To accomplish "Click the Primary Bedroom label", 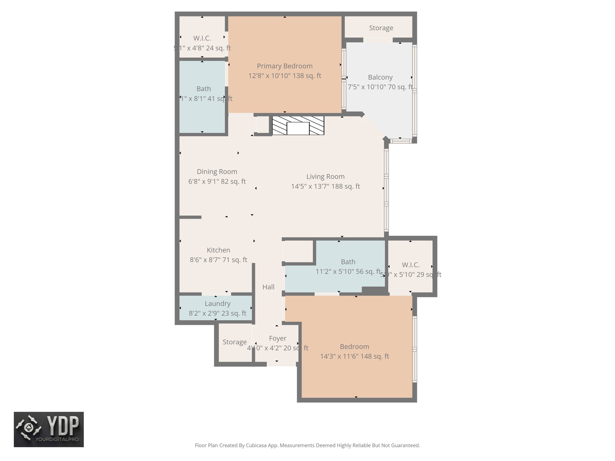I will coord(284,66).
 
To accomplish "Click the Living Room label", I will coord(325,176).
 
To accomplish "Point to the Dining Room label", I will coord(217,172).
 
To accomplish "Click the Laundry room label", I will coord(217,303).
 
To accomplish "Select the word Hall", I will coord(268,287).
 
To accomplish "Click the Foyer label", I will coord(277,338).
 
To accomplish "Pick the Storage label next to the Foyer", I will coord(235,342).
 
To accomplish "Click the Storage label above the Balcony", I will coord(381,28).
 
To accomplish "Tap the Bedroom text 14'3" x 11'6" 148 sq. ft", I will coord(354,356).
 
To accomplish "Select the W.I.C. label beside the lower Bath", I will coord(411,265).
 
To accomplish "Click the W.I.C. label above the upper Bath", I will coord(202,38).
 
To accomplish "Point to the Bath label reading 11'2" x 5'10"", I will coord(348,262).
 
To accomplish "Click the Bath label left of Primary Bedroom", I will coord(204,89).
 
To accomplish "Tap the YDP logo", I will coord(49,429).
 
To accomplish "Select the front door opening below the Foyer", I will coord(281,364).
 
